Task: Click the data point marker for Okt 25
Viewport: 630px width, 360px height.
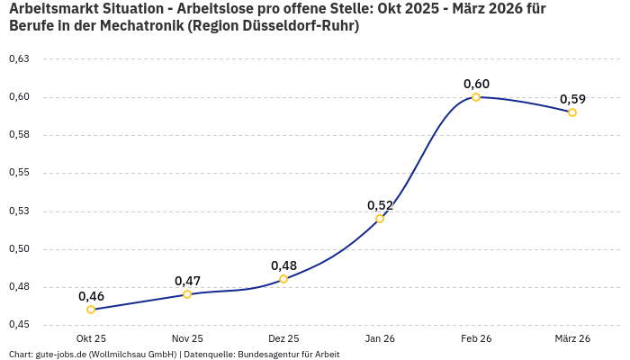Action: [91, 310]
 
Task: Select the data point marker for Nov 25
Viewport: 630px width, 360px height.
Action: [187, 294]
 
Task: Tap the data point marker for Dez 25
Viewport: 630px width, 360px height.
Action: [283, 279]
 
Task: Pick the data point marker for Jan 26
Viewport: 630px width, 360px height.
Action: [380, 219]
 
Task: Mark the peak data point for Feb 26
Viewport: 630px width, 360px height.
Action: [476, 97]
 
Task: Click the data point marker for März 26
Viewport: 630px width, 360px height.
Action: [572, 112]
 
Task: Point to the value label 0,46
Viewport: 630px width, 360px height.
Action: [91, 296]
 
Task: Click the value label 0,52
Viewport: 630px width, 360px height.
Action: [380, 205]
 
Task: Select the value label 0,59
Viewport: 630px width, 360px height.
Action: [572, 99]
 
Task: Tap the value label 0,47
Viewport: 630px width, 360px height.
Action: [187, 281]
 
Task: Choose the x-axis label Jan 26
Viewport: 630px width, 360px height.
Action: [380, 338]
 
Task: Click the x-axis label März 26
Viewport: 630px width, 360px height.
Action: [572, 338]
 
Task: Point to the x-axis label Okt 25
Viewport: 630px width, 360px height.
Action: [91, 338]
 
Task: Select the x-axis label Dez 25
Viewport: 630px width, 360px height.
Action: [283, 338]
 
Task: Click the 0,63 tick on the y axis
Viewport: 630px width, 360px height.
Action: [19, 59]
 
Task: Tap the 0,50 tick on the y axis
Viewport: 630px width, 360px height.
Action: [19, 249]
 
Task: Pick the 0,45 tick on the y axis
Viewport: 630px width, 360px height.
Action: [19, 325]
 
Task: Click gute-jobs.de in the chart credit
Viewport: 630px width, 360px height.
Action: [60, 355]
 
